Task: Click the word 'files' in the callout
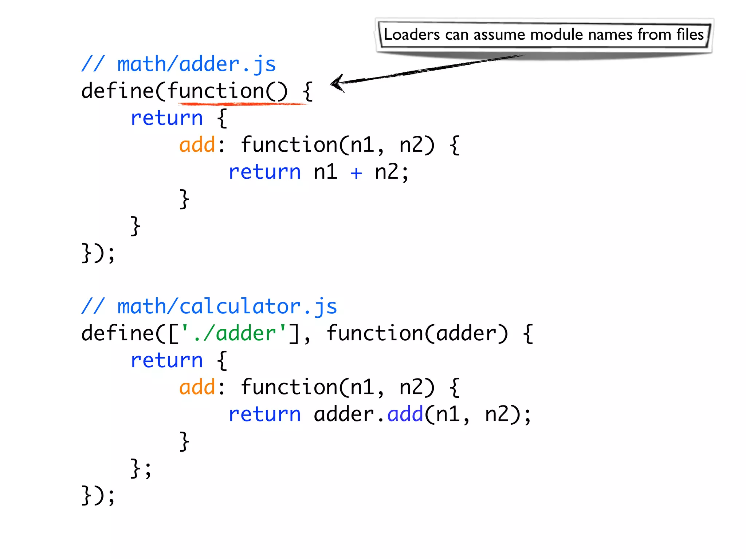pos(690,35)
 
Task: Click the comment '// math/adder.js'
pos(178,64)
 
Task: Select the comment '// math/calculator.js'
pos(209,306)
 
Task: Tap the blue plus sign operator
pos(356,173)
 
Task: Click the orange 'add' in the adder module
pos(197,145)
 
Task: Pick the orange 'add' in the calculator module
pos(197,387)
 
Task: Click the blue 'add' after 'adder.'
pos(405,414)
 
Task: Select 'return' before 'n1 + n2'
pos(265,172)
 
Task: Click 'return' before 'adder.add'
pos(265,415)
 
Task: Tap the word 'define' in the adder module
pos(118,91)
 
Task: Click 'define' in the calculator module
pos(118,333)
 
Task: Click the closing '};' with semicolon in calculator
pos(141,469)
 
